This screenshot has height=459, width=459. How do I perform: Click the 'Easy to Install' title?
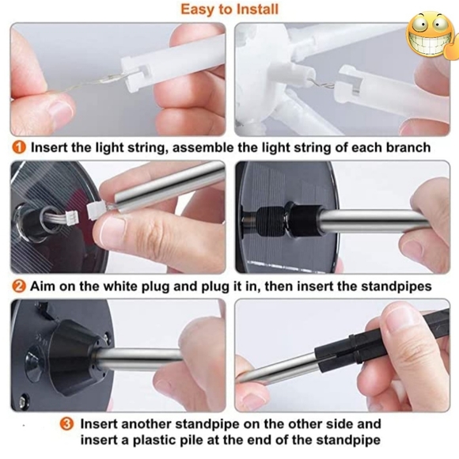[x=229, y=9]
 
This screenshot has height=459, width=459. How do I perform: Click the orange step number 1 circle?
[x=18, y=147]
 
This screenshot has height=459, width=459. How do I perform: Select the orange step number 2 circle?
[x=18, y=286]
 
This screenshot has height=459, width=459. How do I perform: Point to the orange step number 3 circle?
[x=66, y=424]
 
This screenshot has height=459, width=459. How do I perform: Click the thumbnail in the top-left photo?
[x=60, y=112]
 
